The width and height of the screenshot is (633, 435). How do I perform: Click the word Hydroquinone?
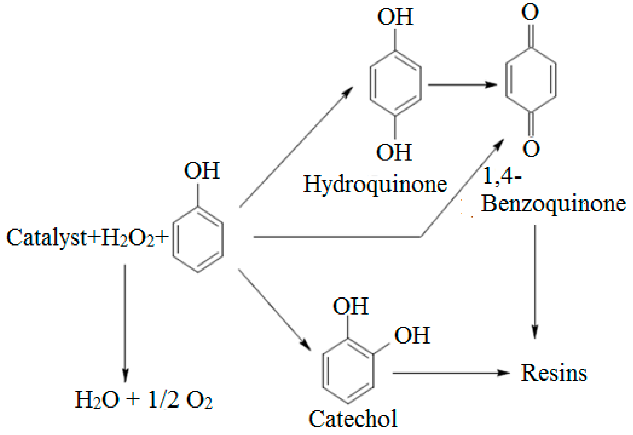(x=375, y=184)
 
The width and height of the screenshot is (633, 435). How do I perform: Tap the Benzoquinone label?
(x=553, y=204)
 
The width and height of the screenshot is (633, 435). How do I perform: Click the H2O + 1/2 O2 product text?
(x=143, y=400)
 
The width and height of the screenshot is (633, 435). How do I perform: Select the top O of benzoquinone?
(x=530, y=12)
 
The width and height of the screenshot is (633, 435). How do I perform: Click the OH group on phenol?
(x=202, y=171)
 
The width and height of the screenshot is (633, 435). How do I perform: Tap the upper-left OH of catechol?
(x=351, y=306)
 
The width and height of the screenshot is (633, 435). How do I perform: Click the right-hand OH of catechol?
(x=412, y=335)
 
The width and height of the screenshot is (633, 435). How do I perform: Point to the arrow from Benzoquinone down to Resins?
(x=535, y=281)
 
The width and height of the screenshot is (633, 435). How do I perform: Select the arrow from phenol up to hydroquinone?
(x=296, y=147)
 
